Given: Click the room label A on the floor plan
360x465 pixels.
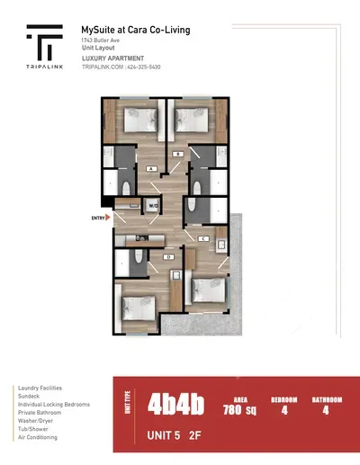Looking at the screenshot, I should [x=151, y=167].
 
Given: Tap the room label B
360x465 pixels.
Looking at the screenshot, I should [x=179, y=155].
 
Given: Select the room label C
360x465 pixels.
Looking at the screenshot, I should [x=203, y=238].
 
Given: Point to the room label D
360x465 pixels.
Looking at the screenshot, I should [x=168, y=257].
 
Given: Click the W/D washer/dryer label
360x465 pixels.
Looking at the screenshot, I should [x=154, y=204].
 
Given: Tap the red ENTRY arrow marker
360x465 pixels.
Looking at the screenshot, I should [x=109, y=217].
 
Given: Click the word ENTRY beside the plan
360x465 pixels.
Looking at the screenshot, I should [x=97, y=217].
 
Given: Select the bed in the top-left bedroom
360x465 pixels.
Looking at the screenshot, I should [x=137, y=120].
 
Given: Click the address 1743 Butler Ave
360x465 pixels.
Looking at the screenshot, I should [x=102, y=43].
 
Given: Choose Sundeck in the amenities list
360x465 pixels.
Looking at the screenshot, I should [x=30, y=396].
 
